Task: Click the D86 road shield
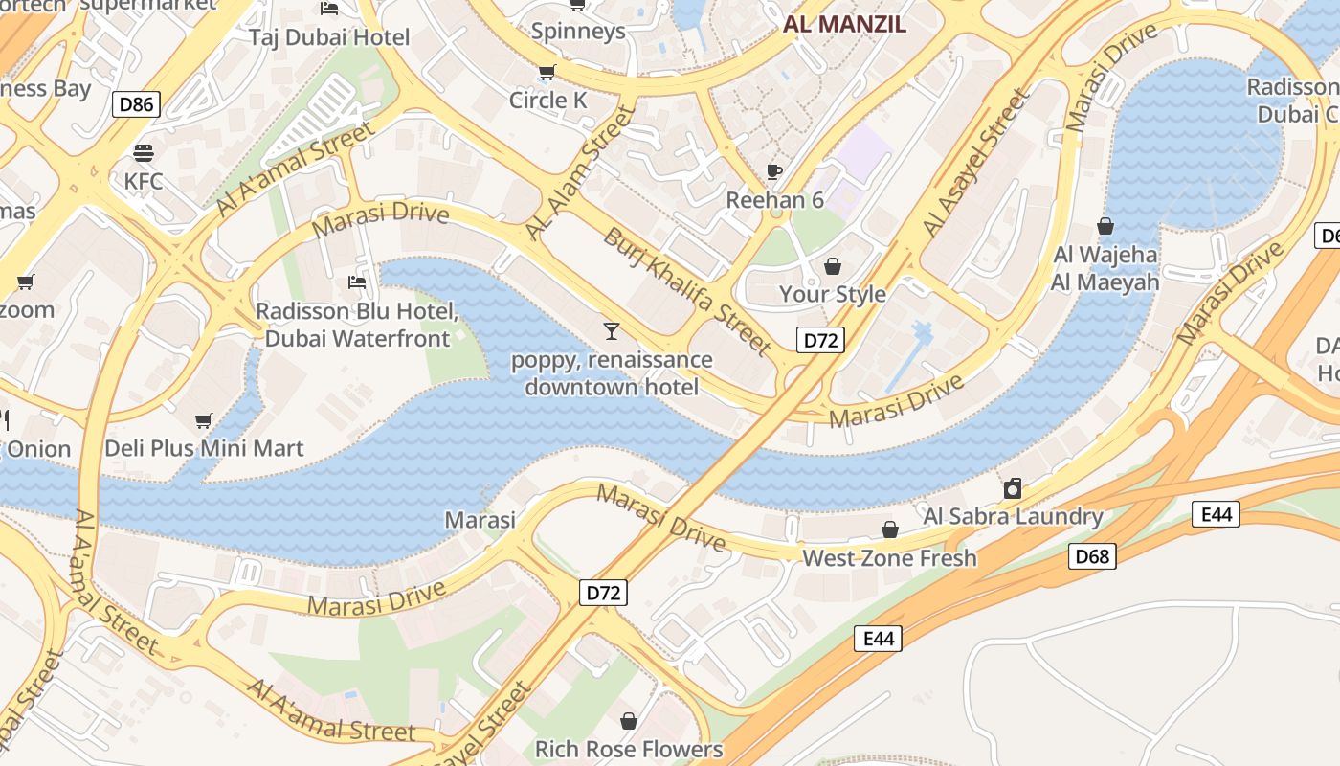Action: coord(136,104)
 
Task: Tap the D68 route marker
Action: coord(1092,556)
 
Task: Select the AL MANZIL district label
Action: coord(844,25)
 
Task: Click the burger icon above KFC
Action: coord(144,153)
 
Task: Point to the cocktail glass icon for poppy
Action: coord(612,331)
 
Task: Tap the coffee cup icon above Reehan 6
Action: coord(774,172)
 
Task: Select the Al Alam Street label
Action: coord(580,173)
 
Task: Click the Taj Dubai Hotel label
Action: coord(329,37)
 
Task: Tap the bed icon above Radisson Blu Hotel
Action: coord(357,282)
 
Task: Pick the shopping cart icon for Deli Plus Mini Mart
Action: coord(203,420)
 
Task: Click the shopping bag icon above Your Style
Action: coord(833,265)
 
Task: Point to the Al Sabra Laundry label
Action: coord(1013,516)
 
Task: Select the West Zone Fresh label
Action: coord(889,557)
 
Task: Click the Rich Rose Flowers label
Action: coord(628,749)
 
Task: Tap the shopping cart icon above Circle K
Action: coord(547,73)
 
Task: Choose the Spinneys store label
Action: coord(577,31)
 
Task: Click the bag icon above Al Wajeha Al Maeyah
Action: coord(1105,226)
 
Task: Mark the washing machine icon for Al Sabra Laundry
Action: coord(1013,489)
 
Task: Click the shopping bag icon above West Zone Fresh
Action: coord(889,529)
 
